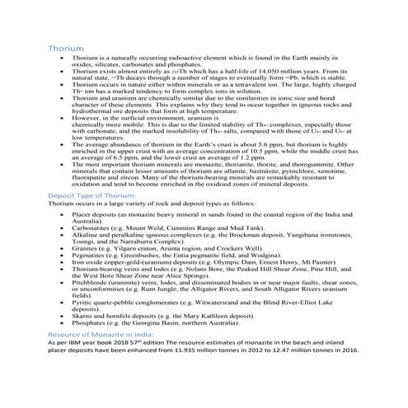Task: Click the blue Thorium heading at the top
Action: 66,49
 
